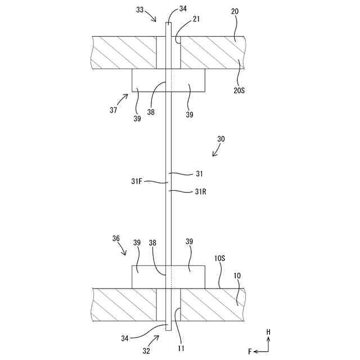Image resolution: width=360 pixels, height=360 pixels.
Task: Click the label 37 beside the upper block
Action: [x=114, y=110]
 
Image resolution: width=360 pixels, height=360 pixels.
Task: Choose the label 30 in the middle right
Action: [x=221, y=138]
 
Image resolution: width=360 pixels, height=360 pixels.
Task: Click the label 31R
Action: [x=201, y=191]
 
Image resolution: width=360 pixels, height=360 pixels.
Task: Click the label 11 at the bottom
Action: [x=182, y=349]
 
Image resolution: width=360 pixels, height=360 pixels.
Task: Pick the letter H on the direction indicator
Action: [x=268, y=332]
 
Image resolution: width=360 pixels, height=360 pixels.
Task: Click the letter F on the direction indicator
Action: [x=250, y=351]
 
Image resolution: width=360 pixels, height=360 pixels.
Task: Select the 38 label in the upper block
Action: [x=151, y=112]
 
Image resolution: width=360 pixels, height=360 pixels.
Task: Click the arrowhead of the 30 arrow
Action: [x=212, y=155]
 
